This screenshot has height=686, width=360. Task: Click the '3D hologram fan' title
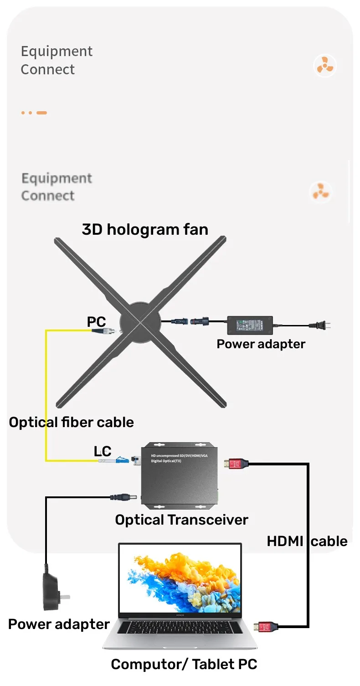pyautogui.click(x=145, y=229)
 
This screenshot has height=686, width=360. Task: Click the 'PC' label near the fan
pyautogui.click(x=97, y=322)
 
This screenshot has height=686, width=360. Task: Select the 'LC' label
pyautogui.click(x=103, y=451)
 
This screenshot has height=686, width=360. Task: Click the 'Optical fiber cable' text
pyautogui.click(x=72, y=422)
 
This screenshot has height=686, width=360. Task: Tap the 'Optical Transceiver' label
pyautogui.click(x=181, y=520)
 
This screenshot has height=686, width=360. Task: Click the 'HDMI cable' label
pyautogui.click(x=307, y=541)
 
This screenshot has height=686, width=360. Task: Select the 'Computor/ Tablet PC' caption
pyautogui.click(x=184, y=664)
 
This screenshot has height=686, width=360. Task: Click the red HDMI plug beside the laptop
pyautogui.click(x=266, y=627)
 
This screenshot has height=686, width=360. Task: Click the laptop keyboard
pyautogui.click(x=180, y=628)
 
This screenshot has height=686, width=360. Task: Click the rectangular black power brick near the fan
pyautogui.click(x=250, y=325)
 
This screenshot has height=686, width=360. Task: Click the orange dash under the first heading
pyautogui.click(x=41, y=113)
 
